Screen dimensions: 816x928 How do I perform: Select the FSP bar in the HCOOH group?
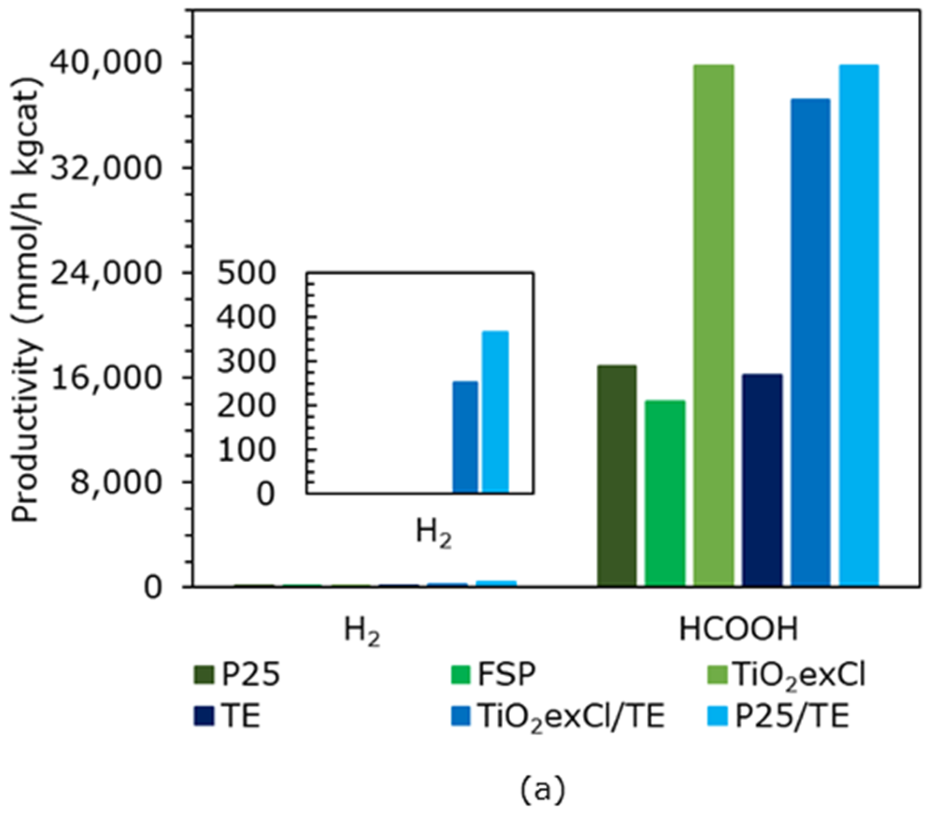coord(665,493)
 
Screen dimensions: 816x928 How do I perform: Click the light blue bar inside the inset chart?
coord(495,412)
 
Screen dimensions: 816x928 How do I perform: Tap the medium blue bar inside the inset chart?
coord(465,437)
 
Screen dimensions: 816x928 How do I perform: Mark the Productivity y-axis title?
coord(26,299)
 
